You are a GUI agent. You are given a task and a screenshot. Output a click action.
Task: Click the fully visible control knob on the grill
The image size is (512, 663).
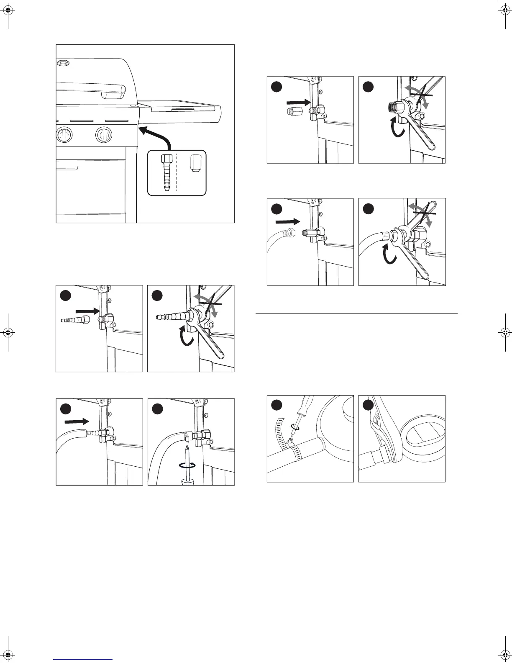pyautogui.click(x=104, y=135)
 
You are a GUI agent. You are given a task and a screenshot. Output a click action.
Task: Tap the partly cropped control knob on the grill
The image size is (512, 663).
pyautogui.click(x=64, y=135)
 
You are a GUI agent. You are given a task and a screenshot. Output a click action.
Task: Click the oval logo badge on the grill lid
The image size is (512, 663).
pyautogui.click(x=63, y=63)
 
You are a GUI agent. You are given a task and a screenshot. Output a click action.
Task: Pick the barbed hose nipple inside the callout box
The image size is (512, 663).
pyautogui.click(x=166, y=172)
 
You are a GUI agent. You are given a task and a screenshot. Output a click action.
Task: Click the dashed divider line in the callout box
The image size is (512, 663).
pyautogui.click(x=177, y=172)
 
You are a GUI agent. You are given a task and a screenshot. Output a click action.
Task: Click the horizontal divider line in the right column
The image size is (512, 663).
pyautogui.click(x=356, y=313)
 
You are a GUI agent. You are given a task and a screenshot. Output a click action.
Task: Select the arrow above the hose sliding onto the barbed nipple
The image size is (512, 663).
pyautogui.click(x=79, y=421)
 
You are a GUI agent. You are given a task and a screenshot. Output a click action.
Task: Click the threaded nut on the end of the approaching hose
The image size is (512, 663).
pyautogui.click(x=292, y=231)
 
